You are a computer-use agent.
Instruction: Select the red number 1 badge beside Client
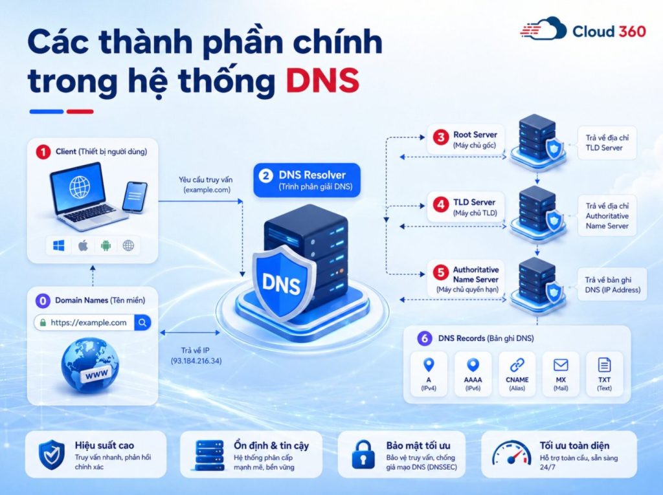pos(43,152)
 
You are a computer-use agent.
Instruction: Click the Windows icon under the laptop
pos(59,245)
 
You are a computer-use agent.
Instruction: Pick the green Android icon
pos(106,245)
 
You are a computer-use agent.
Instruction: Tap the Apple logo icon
pos(83,245)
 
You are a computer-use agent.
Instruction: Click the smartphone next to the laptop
pos(135,196)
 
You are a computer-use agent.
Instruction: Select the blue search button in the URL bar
pos(142,322)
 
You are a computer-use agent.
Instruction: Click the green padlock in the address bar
pos(43,322)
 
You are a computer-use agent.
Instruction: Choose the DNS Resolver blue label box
pos(307,180)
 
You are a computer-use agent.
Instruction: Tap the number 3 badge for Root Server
pos(440,137)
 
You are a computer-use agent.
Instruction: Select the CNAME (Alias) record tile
pos(517,374)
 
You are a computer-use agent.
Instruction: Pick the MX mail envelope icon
pos(561,364)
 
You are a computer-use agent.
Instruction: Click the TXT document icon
pos(604,364)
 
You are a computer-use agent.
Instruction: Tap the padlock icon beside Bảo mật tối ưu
pos(363,454)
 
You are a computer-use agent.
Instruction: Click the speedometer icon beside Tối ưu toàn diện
pos(511,453)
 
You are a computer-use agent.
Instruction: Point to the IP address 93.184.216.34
pos(196,361)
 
